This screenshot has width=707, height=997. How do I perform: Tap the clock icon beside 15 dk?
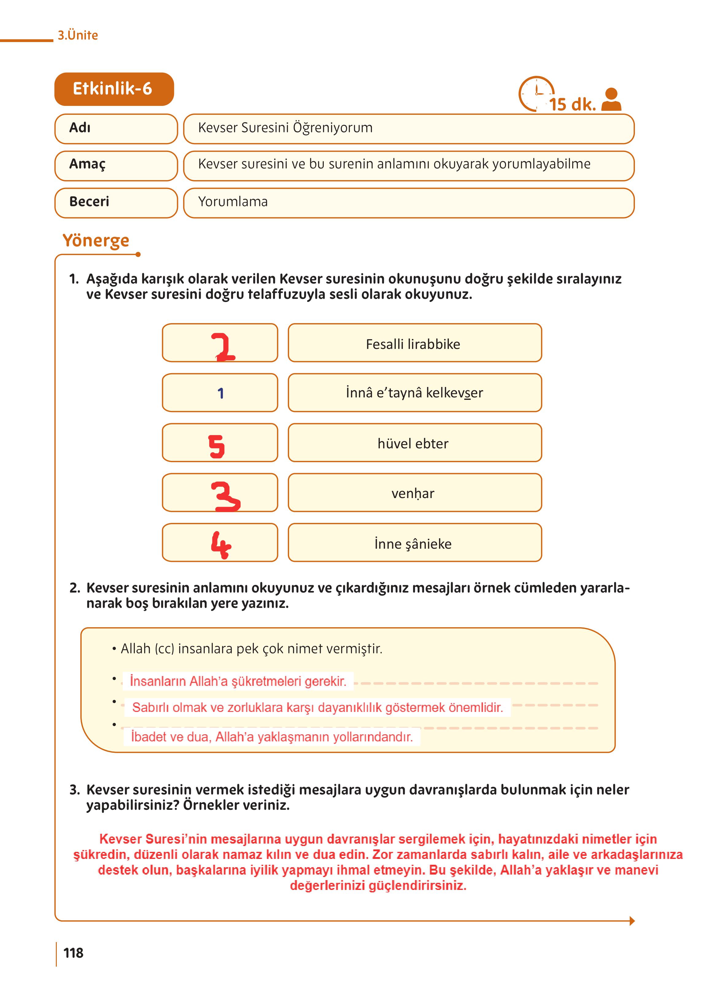[x=535, y=93]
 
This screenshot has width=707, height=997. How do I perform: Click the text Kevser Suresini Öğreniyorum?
[x=285, y=128]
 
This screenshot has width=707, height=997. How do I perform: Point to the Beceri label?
[x=89, y=202]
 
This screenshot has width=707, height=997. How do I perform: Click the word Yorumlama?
[x=233, y=202]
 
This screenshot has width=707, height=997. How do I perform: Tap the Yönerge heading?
[x=96, y=240]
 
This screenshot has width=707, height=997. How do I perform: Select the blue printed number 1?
[x=221, y=393]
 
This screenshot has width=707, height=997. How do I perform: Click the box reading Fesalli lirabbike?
[x=415, y=343]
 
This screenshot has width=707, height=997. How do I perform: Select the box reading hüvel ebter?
[x=415, y=443]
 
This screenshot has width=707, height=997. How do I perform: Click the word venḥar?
[x=413, y=493]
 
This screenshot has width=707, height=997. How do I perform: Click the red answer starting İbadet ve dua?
[x=272, y=737]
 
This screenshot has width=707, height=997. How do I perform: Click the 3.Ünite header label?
[x=78, y=35]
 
